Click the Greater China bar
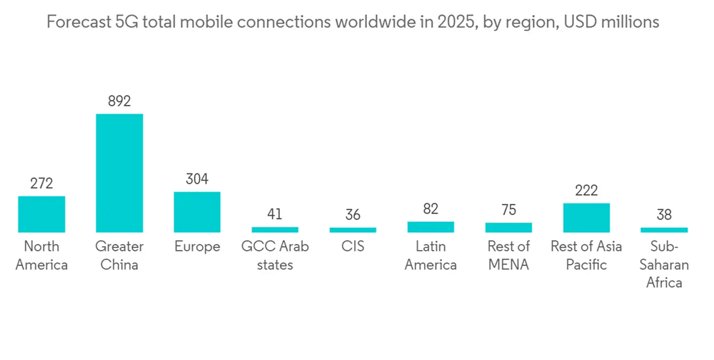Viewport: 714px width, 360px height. coord(119,173)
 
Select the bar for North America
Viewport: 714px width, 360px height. coord(41,214)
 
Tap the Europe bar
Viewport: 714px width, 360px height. coord(197,212)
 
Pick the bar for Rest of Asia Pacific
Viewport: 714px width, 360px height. coord(586,218)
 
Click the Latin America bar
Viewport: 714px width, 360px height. coord(431,227)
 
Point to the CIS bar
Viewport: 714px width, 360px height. coord(353,230)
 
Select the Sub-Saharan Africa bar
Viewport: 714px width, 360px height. coord(664,230)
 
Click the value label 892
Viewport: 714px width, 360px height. coord(119,101)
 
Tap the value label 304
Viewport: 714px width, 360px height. coord(197,179)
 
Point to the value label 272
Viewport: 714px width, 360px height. coord(41,184)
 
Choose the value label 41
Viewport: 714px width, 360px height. coord(275,214)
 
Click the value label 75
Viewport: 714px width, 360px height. coord(508,210)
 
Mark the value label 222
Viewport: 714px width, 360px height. coord(586,191)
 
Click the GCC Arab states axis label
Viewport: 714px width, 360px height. coord(275,256)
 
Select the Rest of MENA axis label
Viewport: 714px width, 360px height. coord(508,256)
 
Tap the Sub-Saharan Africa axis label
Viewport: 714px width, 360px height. coord(664,264)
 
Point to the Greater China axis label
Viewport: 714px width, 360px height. coord(119,256)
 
